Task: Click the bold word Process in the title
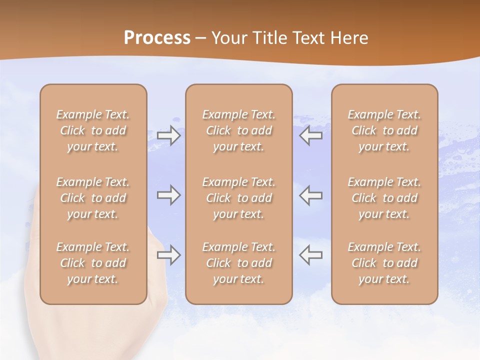point(157,38)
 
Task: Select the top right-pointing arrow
point(168,135)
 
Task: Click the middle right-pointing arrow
point(168,195)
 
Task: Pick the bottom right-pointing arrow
point(168,255)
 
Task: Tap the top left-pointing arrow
point(310,135)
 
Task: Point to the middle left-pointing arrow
point(310,195)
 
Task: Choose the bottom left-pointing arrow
point(310,255)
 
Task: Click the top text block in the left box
point(93,130)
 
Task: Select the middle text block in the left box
point(93,198)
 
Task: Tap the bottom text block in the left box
point(93,263)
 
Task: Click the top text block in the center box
point(239,130)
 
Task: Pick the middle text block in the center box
point(239,198)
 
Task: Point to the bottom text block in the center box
point(239,263)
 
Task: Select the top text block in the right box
point(384,130)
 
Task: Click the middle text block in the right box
point(384,198)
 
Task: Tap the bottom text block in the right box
point(384,263)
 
